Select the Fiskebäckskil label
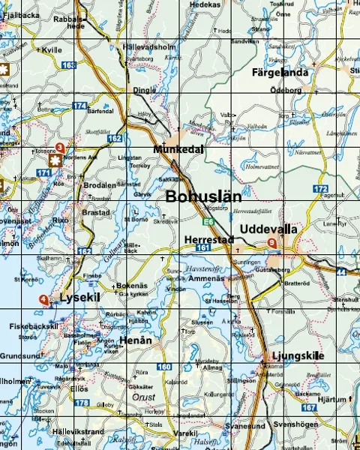click(x=34, y=326)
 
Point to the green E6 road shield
click(x=208, y=221)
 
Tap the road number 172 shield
click(x=321, y=188)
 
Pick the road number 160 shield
click(x=164, y=367)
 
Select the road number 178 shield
click(x=81, y=403)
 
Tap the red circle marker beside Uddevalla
click(x=272, y=243)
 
